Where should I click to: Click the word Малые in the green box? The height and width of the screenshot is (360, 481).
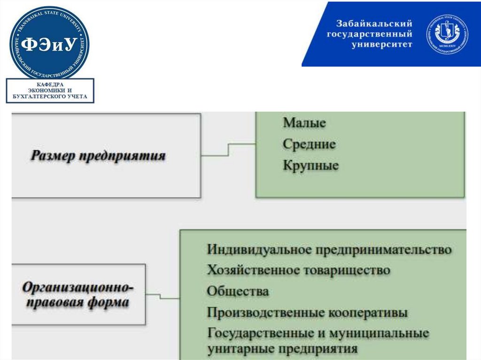tap(304, 123)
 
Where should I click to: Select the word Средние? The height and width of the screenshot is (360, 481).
tap(309, 144)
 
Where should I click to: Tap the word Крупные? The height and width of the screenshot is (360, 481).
tap(310, 166)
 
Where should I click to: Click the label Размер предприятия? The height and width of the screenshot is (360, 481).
tap(98, 156)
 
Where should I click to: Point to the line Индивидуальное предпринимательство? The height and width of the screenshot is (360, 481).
tap(329, 249)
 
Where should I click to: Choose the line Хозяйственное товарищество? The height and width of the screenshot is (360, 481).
tap(298, 270)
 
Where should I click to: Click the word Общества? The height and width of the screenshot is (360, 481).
tap(238, 291)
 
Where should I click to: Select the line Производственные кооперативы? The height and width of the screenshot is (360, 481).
tap(307, 313)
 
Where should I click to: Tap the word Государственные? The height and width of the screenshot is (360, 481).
tap(257, 333)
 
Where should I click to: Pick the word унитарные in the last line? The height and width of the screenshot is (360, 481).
tap(240, 349)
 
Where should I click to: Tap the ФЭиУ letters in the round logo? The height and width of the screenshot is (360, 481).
tap(49, 44)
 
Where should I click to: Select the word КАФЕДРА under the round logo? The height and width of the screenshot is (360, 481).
tap(50, 84)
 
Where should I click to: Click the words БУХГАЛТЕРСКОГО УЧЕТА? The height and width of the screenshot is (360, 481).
tap(50, 97)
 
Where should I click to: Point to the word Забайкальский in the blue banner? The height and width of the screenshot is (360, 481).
tap(374, 24)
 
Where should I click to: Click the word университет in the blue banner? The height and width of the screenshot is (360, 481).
tap(382, 45)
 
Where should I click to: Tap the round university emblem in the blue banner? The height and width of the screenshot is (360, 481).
tap(447, 34)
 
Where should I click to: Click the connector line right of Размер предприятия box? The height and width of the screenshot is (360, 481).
tap(228, 149)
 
